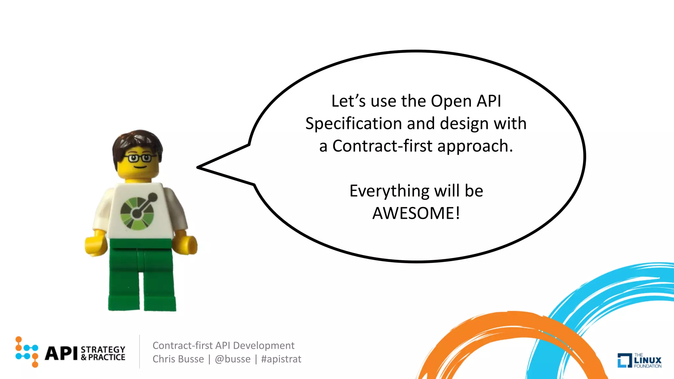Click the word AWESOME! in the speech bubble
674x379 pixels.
(x=416, y=213)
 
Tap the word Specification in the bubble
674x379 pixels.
(x=354, y=124)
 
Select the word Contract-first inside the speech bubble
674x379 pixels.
(x=382, y=146)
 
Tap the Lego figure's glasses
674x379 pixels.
(x=139, y=158)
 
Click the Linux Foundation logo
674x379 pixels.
(x=639, y=360)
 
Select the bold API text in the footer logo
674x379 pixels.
(x=61, y=353)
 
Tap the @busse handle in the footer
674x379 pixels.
(x=233, y=359)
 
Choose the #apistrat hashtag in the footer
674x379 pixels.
(x=281, y=359)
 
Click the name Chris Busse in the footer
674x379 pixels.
(x=178, y=359)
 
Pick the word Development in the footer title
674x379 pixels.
(x=264, y=345)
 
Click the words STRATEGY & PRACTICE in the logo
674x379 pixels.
(x=103, y=353)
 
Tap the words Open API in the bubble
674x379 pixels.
(x=466, y=101)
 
